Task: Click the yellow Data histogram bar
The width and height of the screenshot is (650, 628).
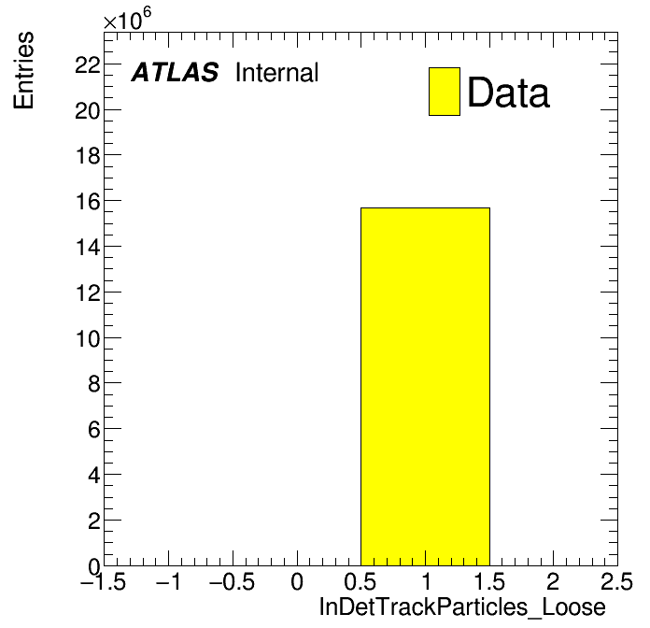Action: pos(425,387)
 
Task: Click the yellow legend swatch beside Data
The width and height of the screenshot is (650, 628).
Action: pos(445,92)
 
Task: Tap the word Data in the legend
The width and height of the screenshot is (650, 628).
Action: pos(509,93)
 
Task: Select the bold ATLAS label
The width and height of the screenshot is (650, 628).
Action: pos(175,72)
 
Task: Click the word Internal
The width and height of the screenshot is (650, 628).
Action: pos(277,72)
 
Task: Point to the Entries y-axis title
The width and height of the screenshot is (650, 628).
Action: pos(23,70)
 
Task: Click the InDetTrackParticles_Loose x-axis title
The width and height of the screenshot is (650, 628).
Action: pos(462,607)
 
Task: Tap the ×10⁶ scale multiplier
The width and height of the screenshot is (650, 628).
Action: pos(127,19)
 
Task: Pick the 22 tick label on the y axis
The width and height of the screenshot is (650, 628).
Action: pos(88,64)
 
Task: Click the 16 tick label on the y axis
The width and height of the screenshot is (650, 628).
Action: pos(88,202)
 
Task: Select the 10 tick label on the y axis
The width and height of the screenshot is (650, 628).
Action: pos(88,338)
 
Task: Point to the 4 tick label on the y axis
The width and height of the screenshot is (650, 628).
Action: pos(94,475)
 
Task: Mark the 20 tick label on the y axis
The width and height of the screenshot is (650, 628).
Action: pos(88,110)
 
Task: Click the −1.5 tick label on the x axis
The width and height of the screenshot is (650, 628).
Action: pos(103,581)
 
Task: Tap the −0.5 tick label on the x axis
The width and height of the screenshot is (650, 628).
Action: pos(232,581)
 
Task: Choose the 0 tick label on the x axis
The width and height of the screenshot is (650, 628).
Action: pos(297,581)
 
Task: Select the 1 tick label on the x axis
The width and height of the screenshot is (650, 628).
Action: pos(426,581)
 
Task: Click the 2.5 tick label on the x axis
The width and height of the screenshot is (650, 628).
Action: pos(616,581)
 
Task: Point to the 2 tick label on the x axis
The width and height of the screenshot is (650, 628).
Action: pos(553,581)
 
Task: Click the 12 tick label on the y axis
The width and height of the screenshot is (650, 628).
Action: pos(88,293)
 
